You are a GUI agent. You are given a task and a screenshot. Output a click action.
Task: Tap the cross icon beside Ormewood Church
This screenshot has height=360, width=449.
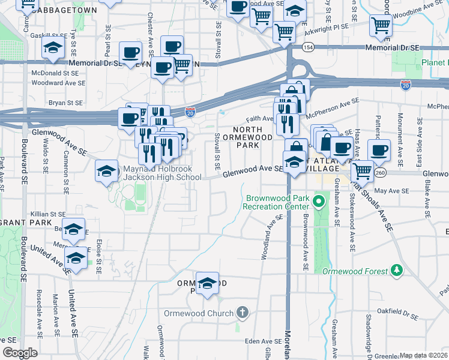pyautogui.click(x=242, y=313)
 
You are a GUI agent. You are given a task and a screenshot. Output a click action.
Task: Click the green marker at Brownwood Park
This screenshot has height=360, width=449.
pyautogui.click(x=319, y=202)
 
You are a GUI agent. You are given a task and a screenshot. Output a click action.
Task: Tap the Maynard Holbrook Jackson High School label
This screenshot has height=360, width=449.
pyautogui.click(x=162, y=173)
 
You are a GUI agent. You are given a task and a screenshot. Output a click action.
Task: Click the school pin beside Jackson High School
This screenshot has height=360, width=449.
pyautogui.click(x=106, y=171)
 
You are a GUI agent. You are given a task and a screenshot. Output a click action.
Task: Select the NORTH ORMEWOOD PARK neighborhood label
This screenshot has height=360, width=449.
pyautogui.click(x=247, y=137)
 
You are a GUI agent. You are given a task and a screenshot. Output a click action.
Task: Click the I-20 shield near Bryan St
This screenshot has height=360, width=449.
pyautogui.click(x=190, y=112)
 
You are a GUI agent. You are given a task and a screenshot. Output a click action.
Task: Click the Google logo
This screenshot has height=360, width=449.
pyautogui.click(x=20, y=353)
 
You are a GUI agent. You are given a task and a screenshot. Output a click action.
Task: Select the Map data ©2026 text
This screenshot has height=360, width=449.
pyautogui.click(x=424, y=355)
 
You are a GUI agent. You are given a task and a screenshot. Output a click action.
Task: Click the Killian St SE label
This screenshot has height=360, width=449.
pyautogui.click(x=48, y=214)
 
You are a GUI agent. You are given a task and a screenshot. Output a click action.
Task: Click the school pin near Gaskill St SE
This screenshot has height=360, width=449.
pyautogui.click(x=53, y=49)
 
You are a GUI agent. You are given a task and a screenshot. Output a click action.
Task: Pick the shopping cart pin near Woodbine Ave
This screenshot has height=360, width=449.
pyautogui.click(x=381, y=25)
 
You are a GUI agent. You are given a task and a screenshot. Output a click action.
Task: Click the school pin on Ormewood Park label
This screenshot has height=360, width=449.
pyautogui.click(x=207, y=283)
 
